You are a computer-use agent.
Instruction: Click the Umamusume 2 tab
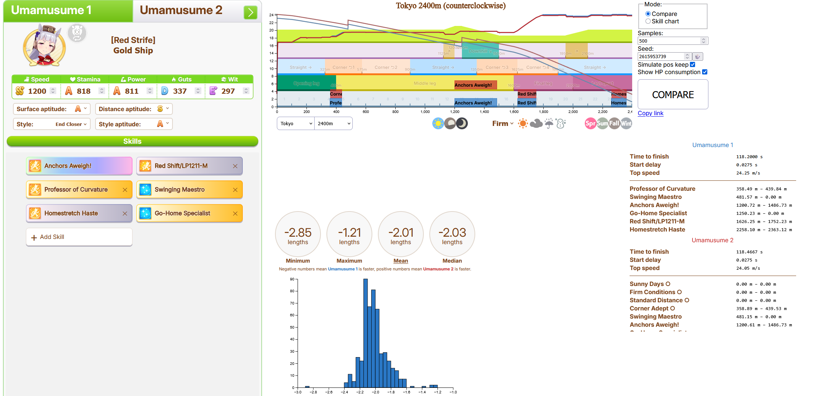(181, 10)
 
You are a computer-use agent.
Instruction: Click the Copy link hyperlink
(650, 113)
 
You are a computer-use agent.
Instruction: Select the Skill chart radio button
(648, 21)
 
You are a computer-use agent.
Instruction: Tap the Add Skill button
(79, 237)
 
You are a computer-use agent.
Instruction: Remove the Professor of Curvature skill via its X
(125, 190)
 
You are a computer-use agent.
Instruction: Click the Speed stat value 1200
(37, 91)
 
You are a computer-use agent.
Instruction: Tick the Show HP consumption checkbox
(705, 72)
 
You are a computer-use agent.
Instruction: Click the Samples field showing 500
(668, 41)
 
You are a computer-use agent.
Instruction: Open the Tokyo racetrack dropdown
(296, 124)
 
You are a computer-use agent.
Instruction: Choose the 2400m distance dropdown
(333, 124)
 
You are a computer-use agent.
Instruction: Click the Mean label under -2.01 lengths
(400, 261)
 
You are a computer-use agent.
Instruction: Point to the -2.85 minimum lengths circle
(298, 234)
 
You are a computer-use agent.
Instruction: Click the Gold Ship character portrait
(44, 46)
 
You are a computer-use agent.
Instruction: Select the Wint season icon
(626, 123)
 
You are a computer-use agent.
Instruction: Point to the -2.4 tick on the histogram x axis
(345, 392)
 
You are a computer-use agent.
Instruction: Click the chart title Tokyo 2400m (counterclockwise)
(450, 6)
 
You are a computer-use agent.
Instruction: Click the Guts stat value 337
(180, 91)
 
